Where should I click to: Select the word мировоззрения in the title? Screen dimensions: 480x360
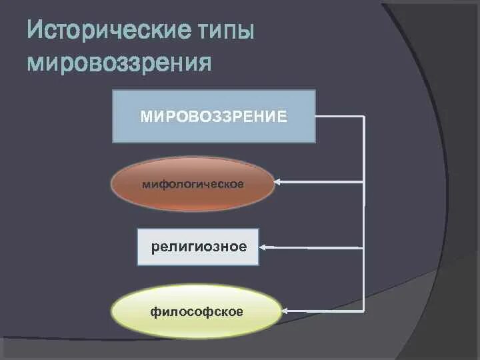click(119, 63)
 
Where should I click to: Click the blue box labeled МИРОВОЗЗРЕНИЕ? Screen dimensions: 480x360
click(213, 130)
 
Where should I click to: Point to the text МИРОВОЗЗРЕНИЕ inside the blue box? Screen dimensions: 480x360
click(213, 117)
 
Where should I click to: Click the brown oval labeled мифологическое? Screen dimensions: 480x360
click(193, 199)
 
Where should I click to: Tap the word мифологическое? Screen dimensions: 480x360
click(193, 183)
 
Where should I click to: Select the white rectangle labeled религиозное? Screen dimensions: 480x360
click(198, 257)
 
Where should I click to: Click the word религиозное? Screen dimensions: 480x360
click(199, 247)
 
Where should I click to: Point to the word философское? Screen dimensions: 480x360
click(196, 311)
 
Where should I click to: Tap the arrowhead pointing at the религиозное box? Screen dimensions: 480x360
click(263, 247)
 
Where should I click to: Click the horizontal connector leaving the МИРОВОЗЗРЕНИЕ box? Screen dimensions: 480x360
click(340, 117)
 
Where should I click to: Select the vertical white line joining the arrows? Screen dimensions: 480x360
click(364, 213)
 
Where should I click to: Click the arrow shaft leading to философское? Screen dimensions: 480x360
click(327, 311)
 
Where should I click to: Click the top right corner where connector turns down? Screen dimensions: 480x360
click(364, 117)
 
